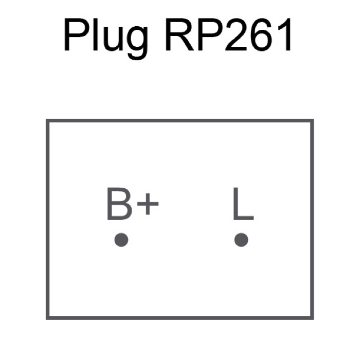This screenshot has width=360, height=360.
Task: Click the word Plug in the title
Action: click(x=106, y=38)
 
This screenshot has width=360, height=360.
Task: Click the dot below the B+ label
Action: click(x=121, y=240)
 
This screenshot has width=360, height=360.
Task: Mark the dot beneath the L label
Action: click(x=241, y=240)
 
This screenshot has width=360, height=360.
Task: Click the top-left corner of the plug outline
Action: click(x=47, y=121)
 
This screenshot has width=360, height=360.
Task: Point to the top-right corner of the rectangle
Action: click(x=312, y=121)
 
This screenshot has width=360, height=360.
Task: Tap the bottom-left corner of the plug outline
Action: click(x=47, y=317)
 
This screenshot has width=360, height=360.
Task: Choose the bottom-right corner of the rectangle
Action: click(x=312, y=317)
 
